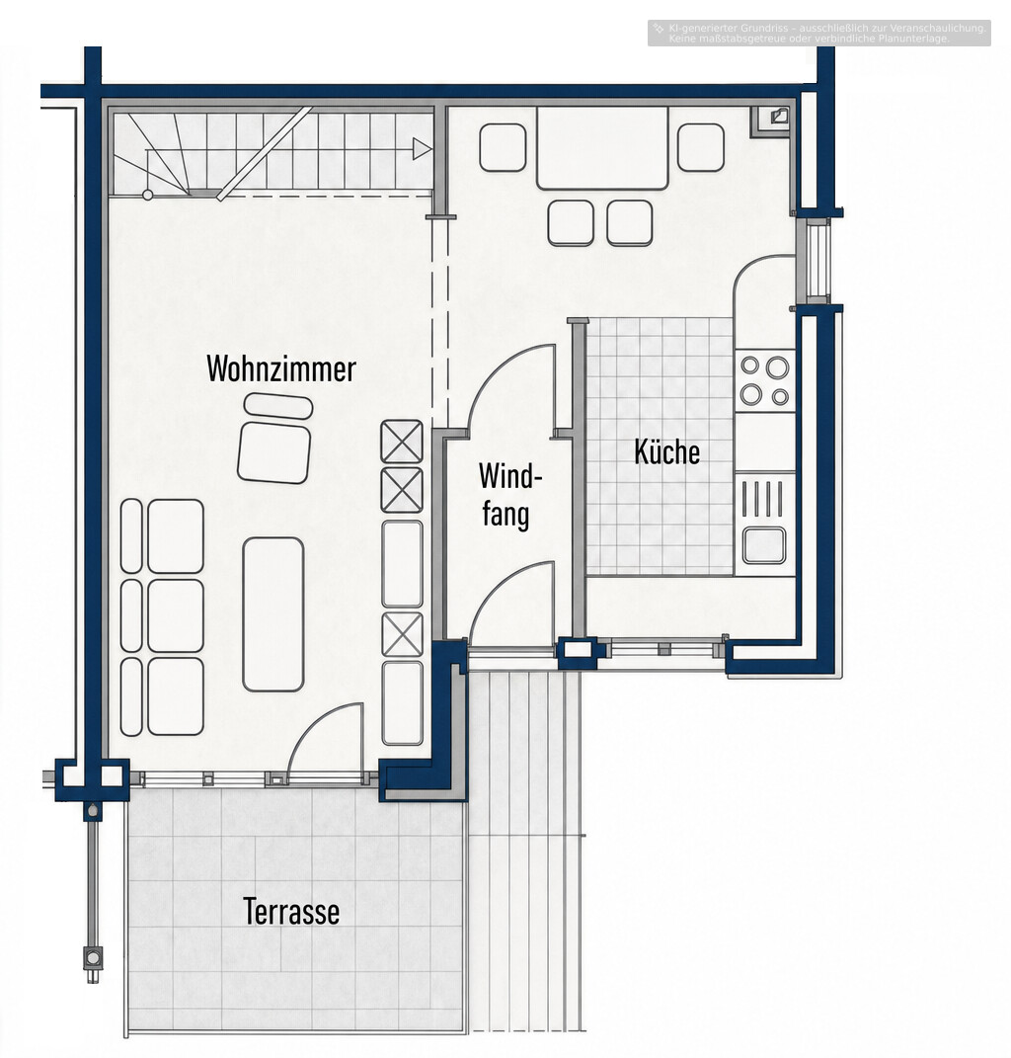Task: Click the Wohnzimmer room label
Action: (x=281, y=368)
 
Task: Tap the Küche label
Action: (x=667, y=451)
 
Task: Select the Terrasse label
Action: (x=290, y=911)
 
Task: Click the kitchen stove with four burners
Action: (x=765, y=380)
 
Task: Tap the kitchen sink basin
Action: (x=764, y=544)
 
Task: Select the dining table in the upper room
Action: (x=602, y=148)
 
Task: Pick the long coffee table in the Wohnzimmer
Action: (x=273, y=614)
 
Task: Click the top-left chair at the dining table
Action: (x=503, y=147)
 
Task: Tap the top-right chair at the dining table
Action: (x=701, y=147)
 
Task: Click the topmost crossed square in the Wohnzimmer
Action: (x=402, y=442)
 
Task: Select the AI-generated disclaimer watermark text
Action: (x=819, y=33)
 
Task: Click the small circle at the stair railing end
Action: (x=148, y=195)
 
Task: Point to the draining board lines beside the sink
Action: (x=763, y=499)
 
